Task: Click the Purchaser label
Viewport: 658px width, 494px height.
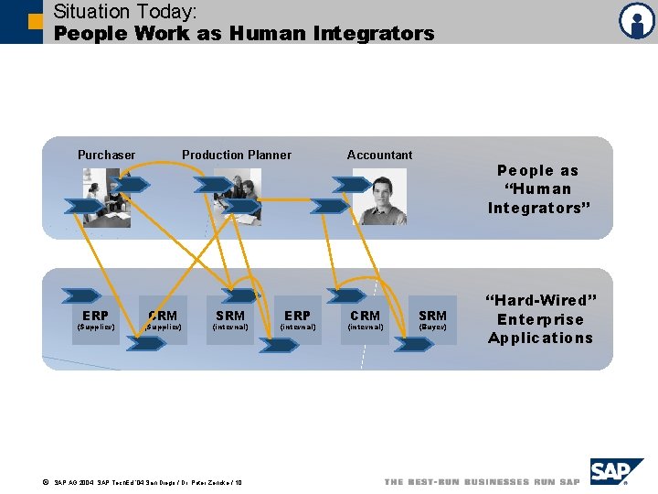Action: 106,155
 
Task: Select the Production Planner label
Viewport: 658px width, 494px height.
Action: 237,155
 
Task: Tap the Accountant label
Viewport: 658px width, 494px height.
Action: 379,155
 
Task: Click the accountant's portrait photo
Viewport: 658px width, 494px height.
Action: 379,196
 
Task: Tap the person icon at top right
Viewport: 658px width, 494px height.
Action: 636,21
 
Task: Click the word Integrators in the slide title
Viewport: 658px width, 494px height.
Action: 374,34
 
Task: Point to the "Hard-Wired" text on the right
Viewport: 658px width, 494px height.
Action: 540,301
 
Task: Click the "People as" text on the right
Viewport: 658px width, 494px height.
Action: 538,170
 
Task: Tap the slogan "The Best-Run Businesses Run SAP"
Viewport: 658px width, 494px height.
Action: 483,482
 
